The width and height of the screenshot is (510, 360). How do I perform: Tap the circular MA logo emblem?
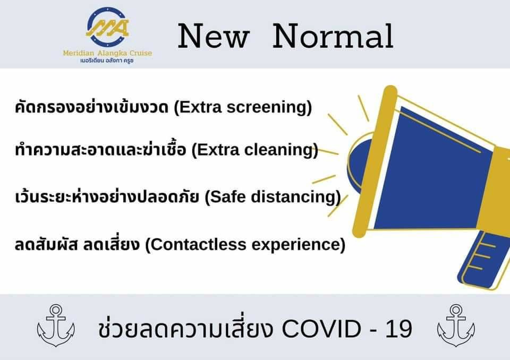[x=107, y=27]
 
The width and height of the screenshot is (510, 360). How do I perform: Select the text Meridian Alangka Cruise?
[x=107, y=53]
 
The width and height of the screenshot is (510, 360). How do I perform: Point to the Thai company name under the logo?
[x=107, y=61]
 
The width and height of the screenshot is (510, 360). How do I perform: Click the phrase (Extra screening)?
[x=243, y=107]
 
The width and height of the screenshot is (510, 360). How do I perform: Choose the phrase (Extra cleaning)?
[x=254, y=150]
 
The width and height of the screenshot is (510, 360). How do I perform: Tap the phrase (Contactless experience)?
[x=245, y=244]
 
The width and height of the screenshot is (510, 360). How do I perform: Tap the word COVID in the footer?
[x=321, y=329]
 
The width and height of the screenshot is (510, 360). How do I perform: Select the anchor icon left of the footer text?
[x=56, y=325]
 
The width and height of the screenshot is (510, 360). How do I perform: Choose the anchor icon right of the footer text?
[x=456, y=325]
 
